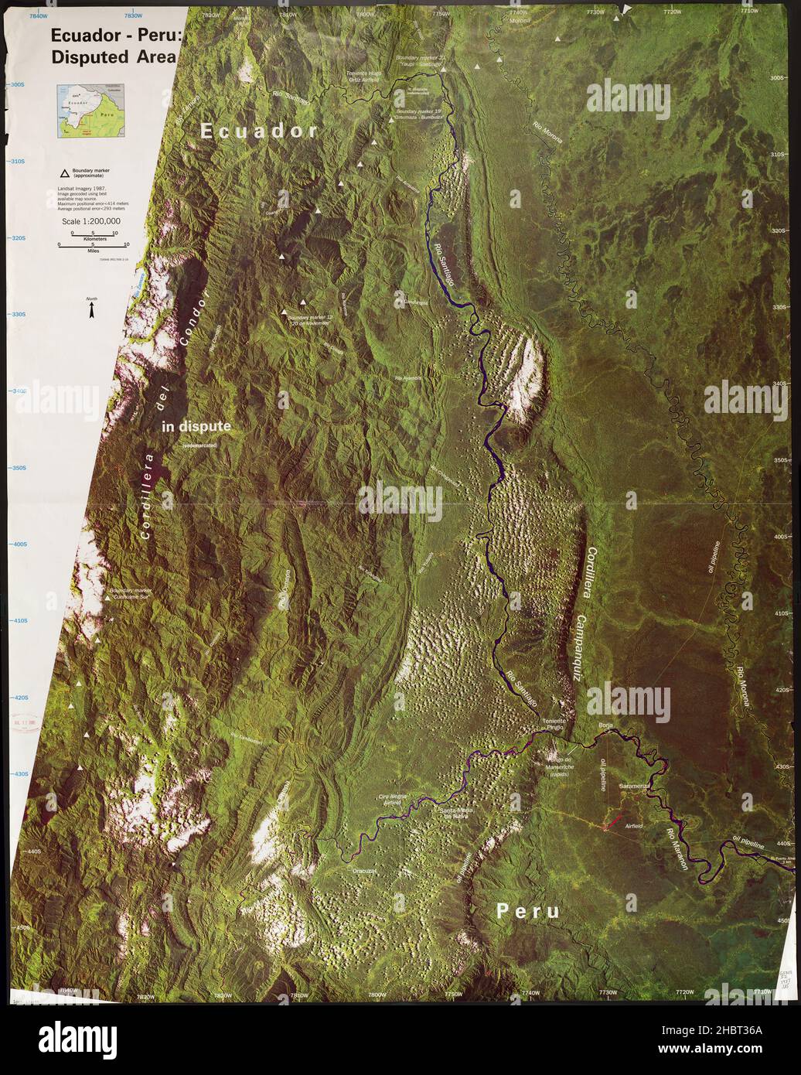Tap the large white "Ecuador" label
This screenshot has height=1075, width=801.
tap(259, 131)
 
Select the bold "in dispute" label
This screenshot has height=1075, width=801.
tap(196, 426)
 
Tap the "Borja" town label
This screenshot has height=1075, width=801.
tap(605, 725)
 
